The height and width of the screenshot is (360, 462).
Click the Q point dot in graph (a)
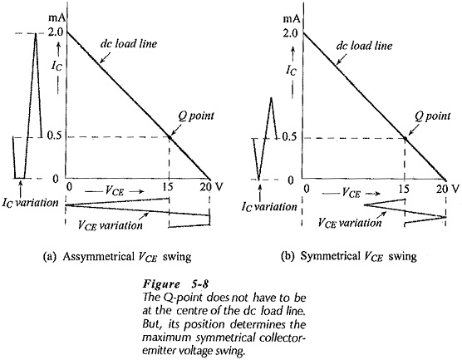(170, 137)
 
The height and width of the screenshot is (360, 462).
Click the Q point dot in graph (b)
(405, 138)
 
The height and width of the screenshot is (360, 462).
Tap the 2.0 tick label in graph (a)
(55, 32)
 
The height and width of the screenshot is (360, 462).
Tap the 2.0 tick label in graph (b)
(291, 33)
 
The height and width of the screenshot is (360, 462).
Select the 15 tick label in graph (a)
(169, 187)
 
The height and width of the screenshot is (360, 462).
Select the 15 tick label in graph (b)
(404, 188)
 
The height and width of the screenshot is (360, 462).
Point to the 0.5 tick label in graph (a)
(55, 137)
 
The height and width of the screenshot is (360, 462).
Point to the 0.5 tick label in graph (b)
(290, 138)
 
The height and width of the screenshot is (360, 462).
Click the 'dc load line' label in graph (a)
(129, 43)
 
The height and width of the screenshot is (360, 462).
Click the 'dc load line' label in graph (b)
(364, 46)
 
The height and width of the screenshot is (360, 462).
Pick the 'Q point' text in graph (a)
(195, 116)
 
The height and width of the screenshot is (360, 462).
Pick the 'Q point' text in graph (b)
(433, 116)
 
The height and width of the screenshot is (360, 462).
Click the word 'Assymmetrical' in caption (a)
(98, 257)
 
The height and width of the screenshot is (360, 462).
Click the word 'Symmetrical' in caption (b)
(330, 257)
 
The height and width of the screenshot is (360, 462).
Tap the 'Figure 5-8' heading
(176, 284)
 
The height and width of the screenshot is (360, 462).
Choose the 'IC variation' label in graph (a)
(31, 203)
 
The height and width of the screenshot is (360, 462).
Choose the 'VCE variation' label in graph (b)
(350, 223)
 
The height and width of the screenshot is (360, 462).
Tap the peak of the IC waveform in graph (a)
(36, 33)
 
